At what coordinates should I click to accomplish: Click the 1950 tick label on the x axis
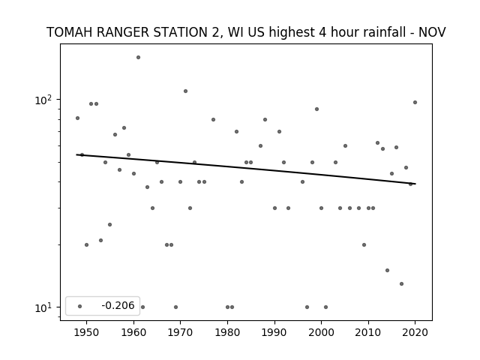[x=87, y=332]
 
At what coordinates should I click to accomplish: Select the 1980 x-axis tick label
[x=227, y=332]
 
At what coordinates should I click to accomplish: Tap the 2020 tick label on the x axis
[x=415, y=332]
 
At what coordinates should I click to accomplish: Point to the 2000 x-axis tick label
[x=322, y=332]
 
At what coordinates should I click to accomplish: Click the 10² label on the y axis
[x=44, y=100]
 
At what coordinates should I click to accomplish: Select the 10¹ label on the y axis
[x=44, y=307]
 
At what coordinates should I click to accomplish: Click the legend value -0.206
[x=118, y=305]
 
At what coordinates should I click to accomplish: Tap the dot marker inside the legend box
[x=80, y=307]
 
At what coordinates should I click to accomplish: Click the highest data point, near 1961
[x=138, y=58]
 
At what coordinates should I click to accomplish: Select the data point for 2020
[x=415, y=103]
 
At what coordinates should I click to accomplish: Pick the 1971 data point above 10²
[x=185, y=91]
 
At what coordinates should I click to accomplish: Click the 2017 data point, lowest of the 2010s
[x=402, y=284]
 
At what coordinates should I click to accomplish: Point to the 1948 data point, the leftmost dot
[x=78, y=118]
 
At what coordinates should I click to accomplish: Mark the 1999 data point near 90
[x=316, y=109]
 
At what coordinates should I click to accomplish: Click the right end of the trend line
[x=415, y=184]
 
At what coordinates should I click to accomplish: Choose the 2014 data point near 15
[x=387, y=271]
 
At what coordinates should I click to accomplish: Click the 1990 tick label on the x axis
[x=274, y=332]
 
